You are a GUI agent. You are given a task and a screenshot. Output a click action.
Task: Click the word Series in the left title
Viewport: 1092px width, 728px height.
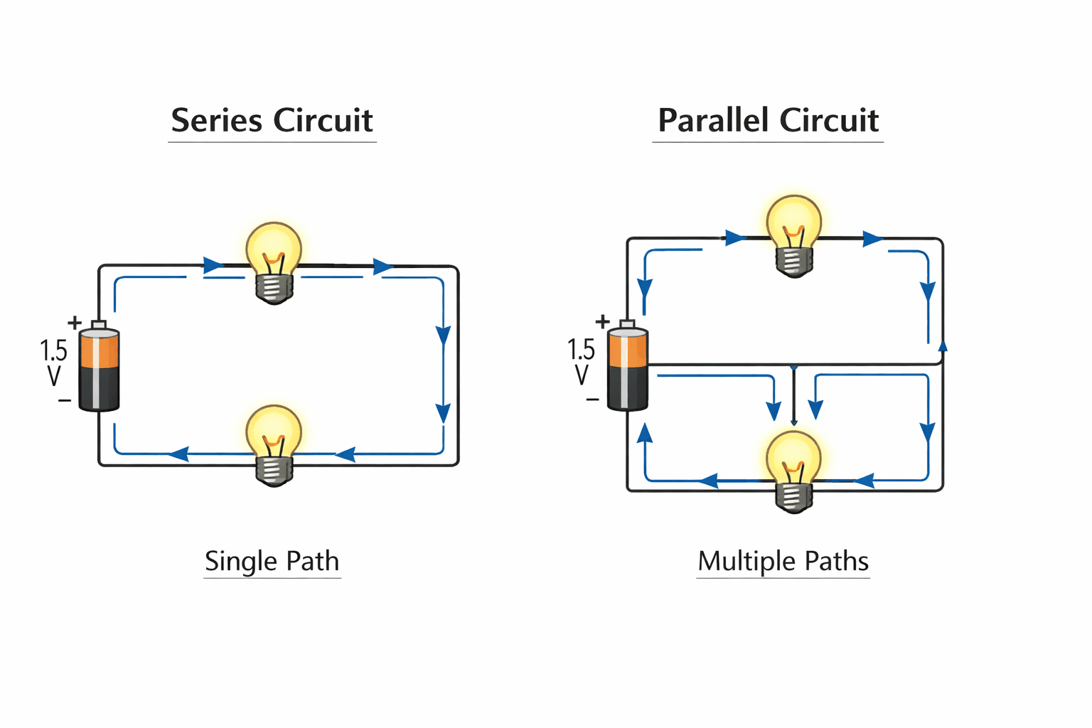coord(216,120)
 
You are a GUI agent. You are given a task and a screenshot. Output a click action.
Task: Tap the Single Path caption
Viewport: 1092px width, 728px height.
coord(272,561)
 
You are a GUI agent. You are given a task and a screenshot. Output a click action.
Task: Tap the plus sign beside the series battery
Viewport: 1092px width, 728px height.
coord(75,323)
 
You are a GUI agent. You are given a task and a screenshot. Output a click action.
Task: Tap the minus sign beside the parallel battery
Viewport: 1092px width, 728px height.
coord(592,400)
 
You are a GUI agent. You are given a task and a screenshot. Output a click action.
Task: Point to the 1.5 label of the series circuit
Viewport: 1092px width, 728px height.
coord(53,350)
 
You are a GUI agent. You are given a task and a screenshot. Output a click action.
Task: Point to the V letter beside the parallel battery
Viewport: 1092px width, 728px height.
coord(582,375)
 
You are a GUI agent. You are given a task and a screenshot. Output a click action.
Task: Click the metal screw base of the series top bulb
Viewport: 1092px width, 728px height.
coord(274,287)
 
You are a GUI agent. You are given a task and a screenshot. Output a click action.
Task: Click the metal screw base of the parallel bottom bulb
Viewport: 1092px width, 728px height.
coord(793,496)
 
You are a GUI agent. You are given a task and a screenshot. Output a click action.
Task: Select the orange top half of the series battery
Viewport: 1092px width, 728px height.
coord(99,349)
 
